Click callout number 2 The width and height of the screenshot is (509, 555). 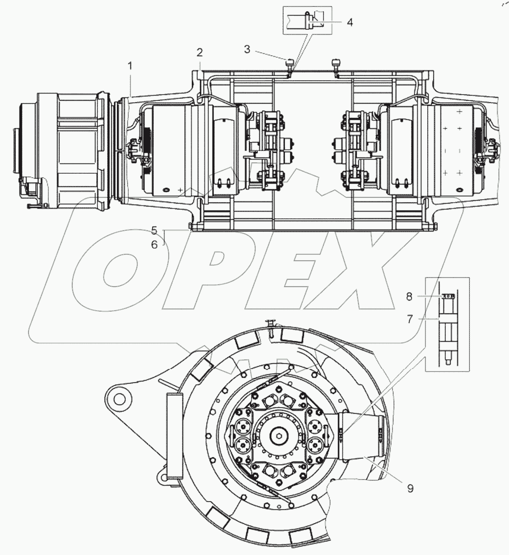click(x=200, y=52)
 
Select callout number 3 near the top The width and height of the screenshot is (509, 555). click(x=248, y=49)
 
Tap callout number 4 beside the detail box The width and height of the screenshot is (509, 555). click(x=349, y=22)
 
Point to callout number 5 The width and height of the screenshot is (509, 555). click(x=154, y=230)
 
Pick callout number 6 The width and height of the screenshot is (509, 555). click(x=154, y=244)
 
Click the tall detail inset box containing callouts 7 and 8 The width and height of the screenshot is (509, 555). click(x=447, y=324)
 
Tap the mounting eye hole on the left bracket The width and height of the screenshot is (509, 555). click(x=117, y=397)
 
